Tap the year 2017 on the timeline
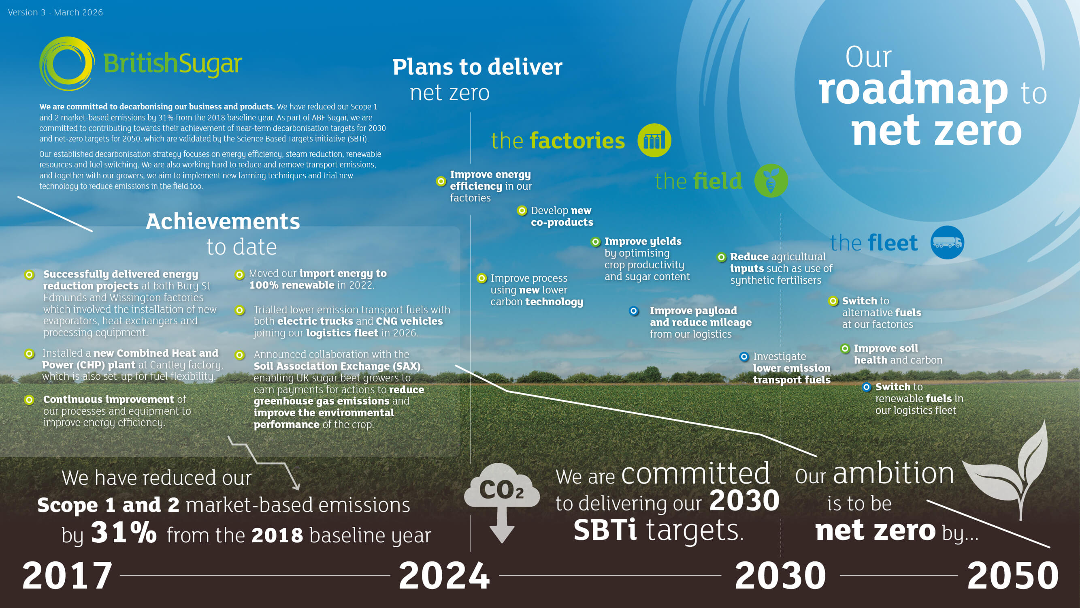click(67, 575)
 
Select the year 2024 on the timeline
click(444, 575)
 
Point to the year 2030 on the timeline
click(780, 575)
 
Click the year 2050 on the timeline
click(1012, 575)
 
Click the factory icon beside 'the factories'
click(654, 141)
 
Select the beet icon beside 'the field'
click(771, 181)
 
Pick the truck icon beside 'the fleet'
click(947, 242)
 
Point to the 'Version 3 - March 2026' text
click(55, 13)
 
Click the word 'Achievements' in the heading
click(223, 221)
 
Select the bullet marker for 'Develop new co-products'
click(522, 211)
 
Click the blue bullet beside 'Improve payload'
click(633, 311)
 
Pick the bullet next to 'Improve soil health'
click(845, 349)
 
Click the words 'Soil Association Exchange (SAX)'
click(337, 366)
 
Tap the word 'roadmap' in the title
click(913, 90)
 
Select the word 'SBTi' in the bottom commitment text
click(605, 529)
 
